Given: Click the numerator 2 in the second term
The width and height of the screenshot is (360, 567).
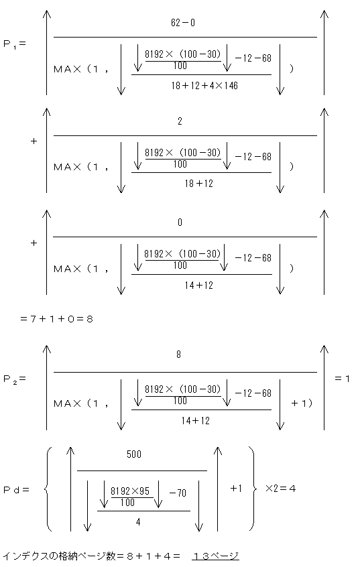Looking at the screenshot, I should (180, 122).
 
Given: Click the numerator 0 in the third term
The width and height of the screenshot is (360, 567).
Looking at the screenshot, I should (180, 223).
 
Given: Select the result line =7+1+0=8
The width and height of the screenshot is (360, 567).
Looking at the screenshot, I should (57, 319).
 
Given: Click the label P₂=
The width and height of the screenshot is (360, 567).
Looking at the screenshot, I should (14, 379).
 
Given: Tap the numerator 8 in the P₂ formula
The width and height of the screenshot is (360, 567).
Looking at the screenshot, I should (179, 355).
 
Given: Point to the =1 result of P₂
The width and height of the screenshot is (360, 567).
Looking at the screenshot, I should (343, 379).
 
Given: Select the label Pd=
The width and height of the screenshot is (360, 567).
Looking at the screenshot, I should (17, 489).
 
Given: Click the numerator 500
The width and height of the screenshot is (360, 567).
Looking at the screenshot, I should (134, 454).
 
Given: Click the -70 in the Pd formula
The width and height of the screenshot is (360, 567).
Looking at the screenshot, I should (178, 494).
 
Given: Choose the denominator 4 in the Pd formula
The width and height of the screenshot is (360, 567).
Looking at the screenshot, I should (137, 520).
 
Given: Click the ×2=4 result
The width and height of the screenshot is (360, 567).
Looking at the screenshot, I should (280, 489).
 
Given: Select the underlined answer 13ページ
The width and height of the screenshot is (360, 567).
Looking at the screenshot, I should (215, 556).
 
